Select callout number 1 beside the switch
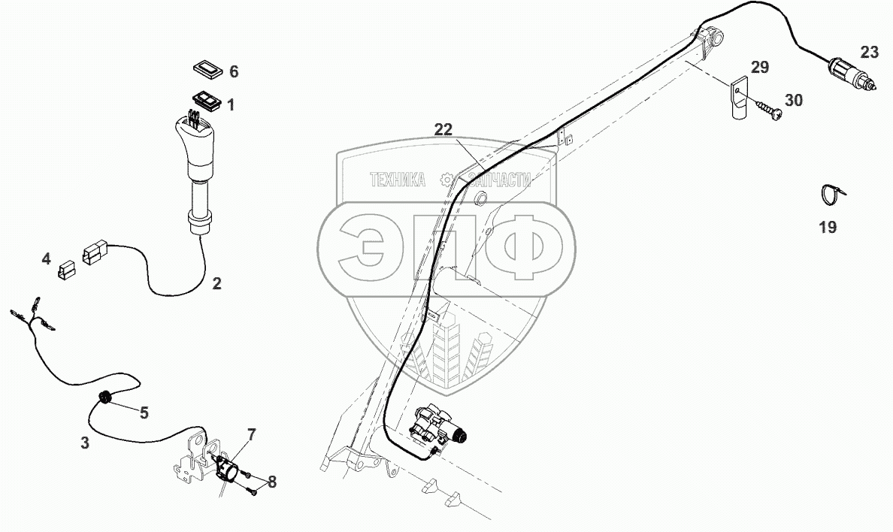(231, 105)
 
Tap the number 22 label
(443, 129)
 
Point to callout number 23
(869, 52)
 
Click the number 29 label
(760, 68)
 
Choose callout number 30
(795, 100)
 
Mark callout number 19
(828, 227)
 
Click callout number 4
(47, 259)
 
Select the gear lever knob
(198, 142)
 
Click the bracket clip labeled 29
(737, 97)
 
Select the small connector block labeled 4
(66, 268)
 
